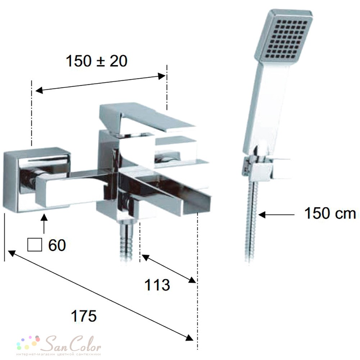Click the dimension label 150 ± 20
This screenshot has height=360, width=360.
96,61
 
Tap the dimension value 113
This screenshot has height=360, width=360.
157,285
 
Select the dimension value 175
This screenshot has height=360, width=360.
84,316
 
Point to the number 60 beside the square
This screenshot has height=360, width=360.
57,245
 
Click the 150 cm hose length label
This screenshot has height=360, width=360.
330,213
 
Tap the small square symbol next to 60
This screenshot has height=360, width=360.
35,245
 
